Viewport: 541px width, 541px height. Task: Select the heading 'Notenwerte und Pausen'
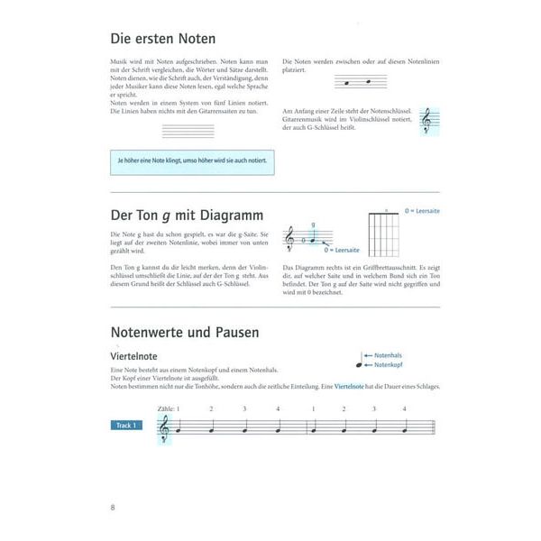[184, 333]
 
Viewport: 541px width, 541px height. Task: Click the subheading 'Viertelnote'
[135, 357]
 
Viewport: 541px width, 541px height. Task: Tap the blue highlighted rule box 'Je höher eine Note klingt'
[191, 161]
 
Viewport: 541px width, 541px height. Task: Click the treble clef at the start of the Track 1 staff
[163, 431]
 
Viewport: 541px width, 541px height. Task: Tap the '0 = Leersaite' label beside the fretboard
[422, 210]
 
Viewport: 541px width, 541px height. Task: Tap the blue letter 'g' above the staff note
[312, 225]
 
